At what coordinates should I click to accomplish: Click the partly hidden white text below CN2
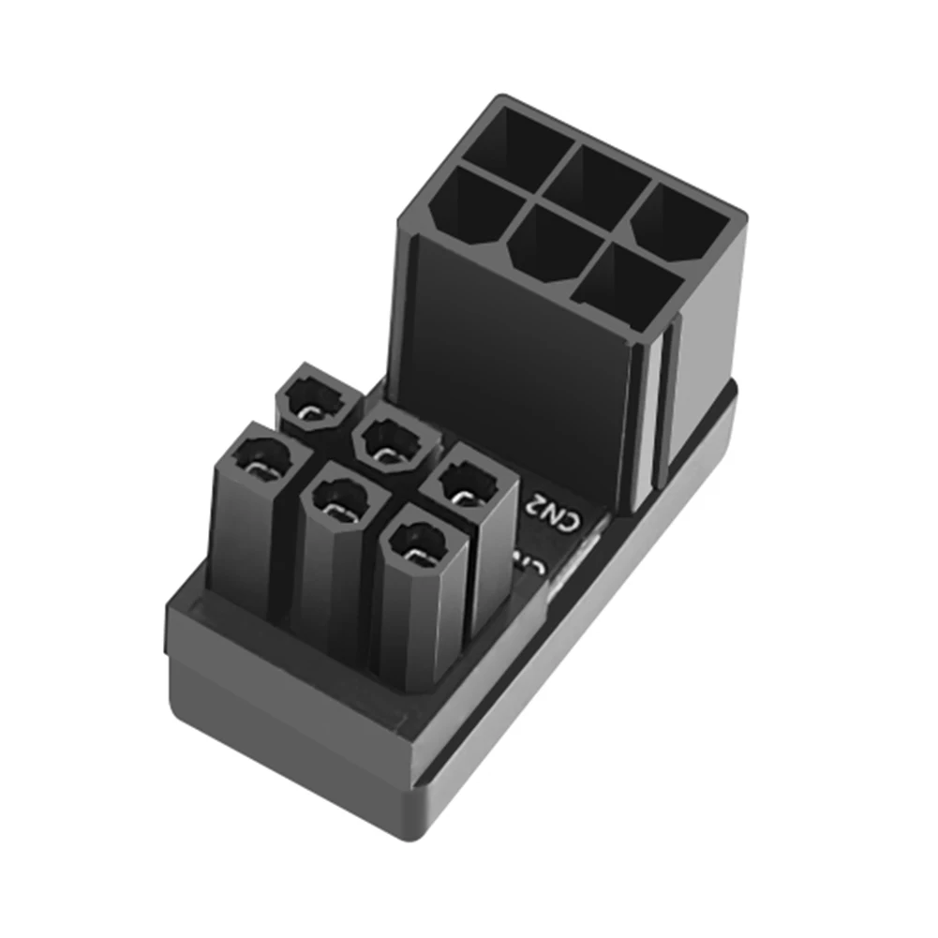[530, 562]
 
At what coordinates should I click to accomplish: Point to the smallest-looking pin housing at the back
[316, 400]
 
